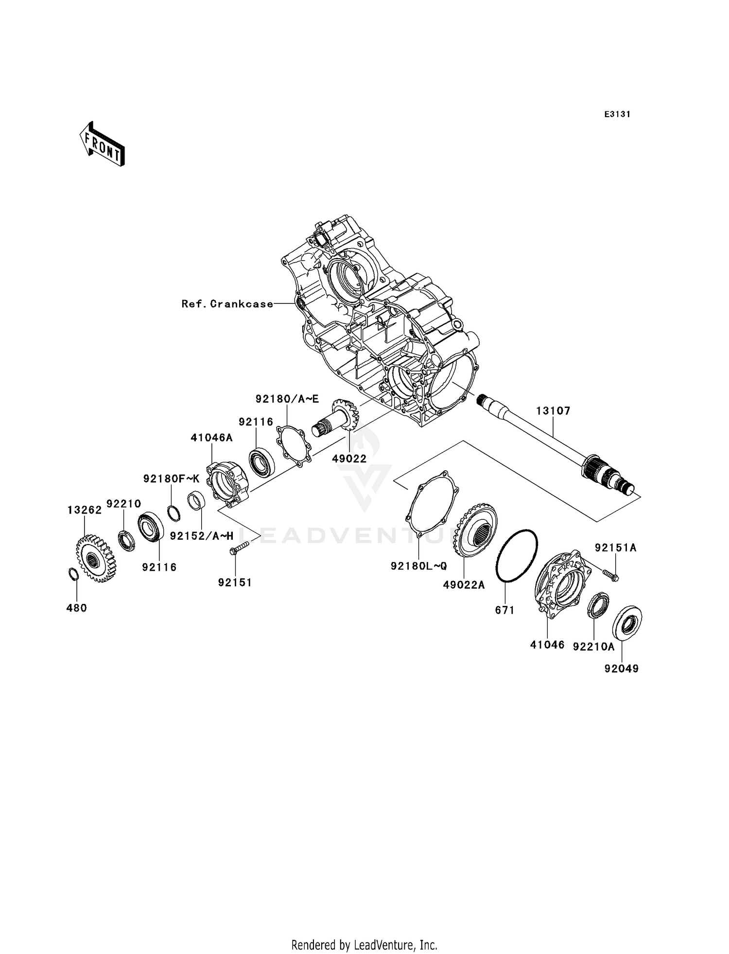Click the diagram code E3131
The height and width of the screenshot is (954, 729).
click(x=617, y=114)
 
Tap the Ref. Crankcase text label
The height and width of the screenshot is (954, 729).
click(x=227, y=304)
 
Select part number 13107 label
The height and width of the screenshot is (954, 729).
click(x=553, y=411)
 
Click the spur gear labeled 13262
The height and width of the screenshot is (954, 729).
click(x=96, y=558)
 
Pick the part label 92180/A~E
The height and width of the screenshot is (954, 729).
click(x=287, y=399)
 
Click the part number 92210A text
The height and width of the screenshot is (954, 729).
click(x=593, y=647)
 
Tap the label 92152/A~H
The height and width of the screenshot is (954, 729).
click(x=202, y=536)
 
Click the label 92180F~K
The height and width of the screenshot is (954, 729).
click(x=171, y=479)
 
